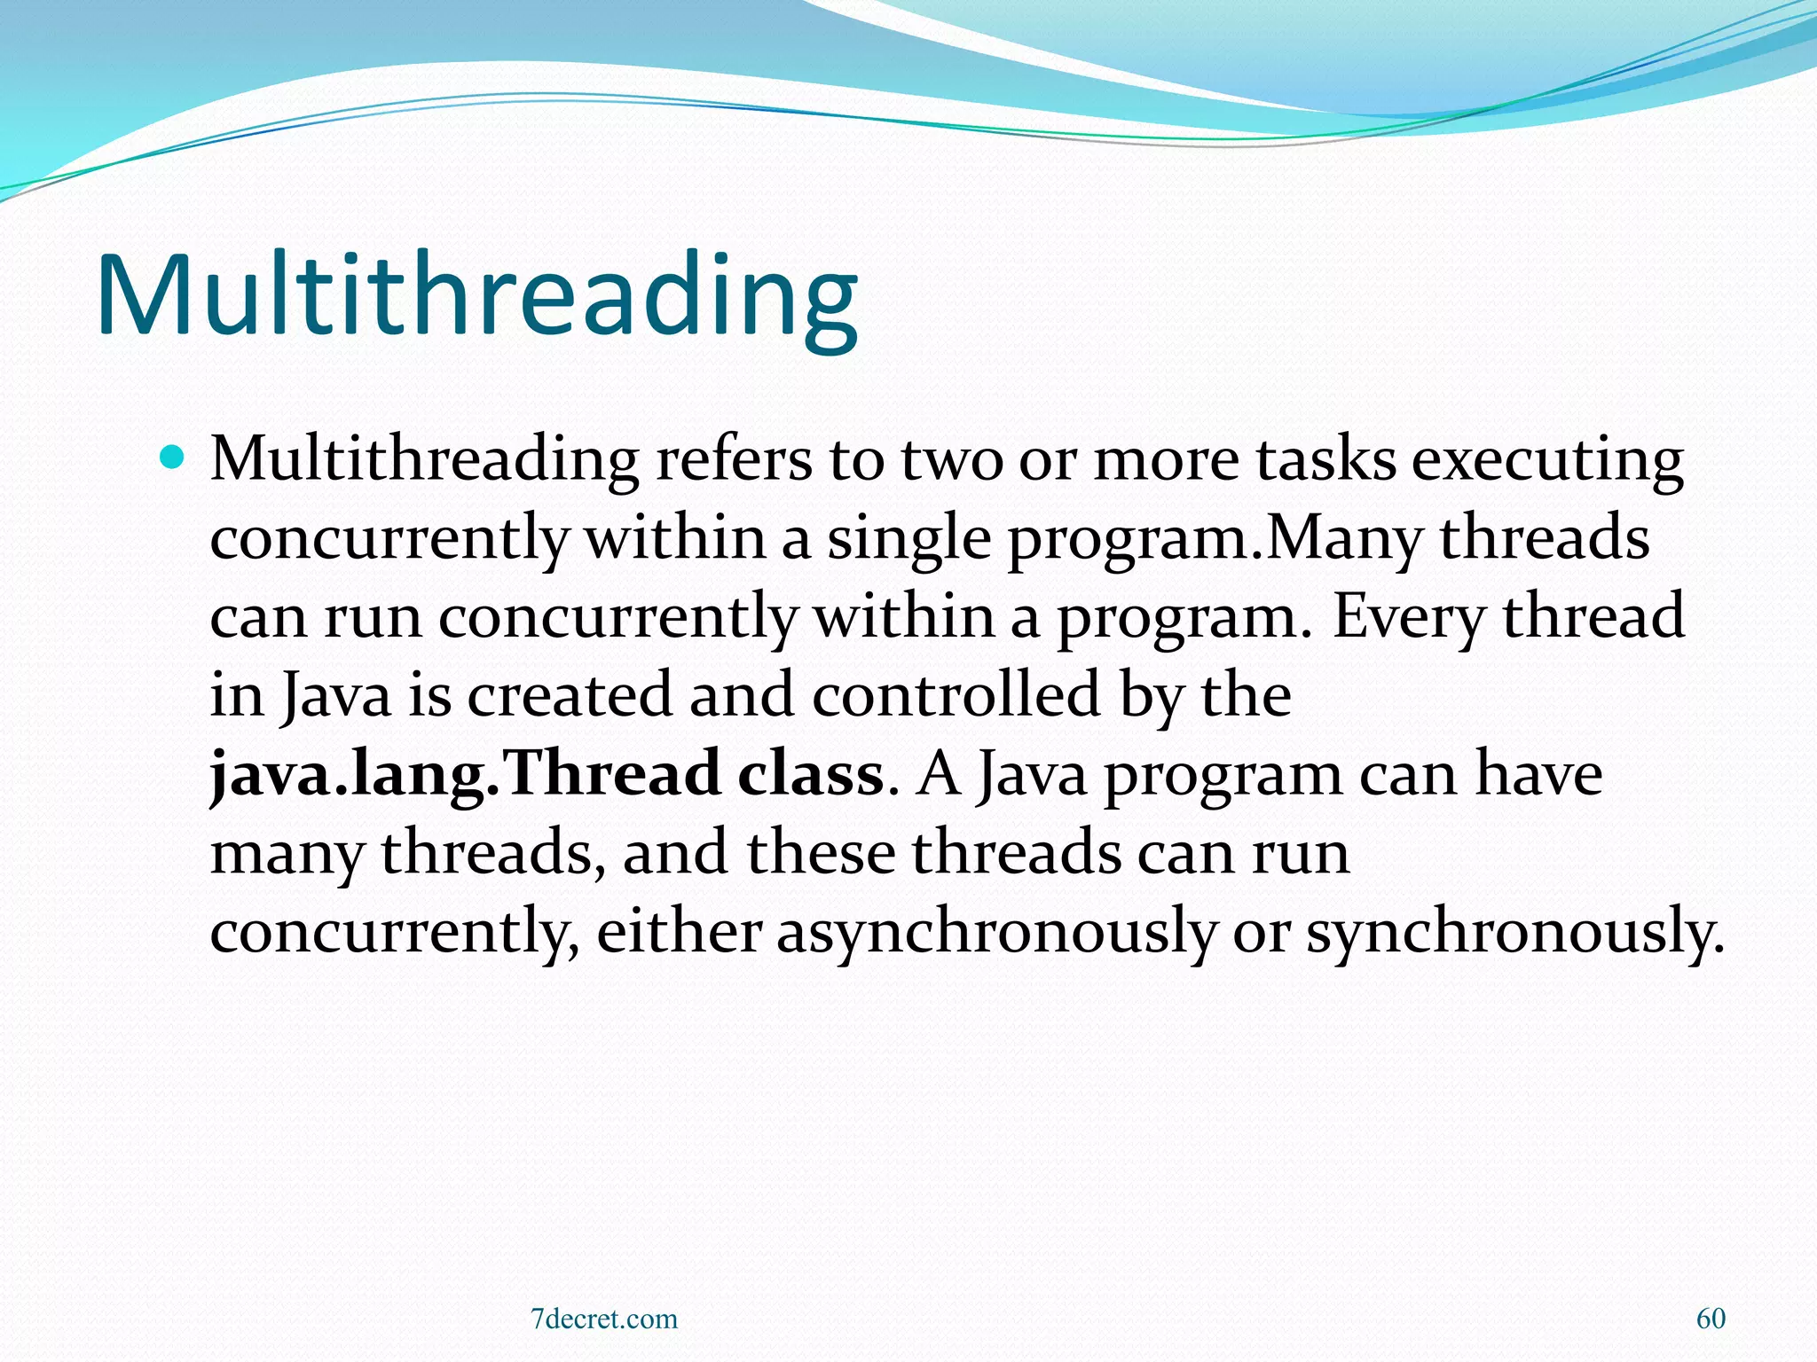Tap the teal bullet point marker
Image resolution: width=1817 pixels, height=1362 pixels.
coord(173,458)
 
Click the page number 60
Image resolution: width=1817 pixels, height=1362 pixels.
coord(1711,1319)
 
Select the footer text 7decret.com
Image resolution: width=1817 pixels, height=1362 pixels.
coord(603,1319)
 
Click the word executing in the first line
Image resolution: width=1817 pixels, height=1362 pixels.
coord(1547,461)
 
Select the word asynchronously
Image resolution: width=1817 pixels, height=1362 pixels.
coord(996,933)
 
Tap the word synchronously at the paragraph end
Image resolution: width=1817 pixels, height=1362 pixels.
coord(1515,933)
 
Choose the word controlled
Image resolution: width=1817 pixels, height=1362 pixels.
coord(956,695)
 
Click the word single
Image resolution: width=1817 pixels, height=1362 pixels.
coord(908,539)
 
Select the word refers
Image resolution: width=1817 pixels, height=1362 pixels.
coord(734,461)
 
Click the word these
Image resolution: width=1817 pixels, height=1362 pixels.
coord(821,853)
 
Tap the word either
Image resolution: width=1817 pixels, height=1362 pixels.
coord(679,933)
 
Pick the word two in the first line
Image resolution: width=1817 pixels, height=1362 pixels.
coord(952,461)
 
